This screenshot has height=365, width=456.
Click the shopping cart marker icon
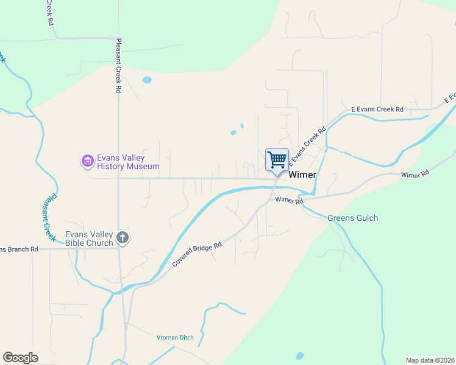coord(277,160)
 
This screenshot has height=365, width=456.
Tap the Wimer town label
coord(302,175)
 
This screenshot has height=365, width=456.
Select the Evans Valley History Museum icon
coord(88,161)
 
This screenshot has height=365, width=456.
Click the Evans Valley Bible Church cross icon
coord(123,238)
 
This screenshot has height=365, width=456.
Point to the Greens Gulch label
coord(352,218)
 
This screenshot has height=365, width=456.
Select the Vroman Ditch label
coord(174,338)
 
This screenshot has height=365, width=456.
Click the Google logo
coord(20,358)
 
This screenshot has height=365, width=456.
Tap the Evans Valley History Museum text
coord(128,162)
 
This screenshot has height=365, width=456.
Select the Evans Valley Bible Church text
coord(90,238)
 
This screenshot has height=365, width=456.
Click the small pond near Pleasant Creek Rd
coord(146,80)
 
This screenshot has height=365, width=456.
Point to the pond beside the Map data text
coord(299,356)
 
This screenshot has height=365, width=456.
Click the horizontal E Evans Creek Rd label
coord(377,109)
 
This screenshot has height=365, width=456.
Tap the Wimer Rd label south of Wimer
coord(289,200)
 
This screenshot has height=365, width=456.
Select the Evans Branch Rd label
coord(19,249)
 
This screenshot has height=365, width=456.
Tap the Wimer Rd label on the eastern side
coord(415,174)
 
